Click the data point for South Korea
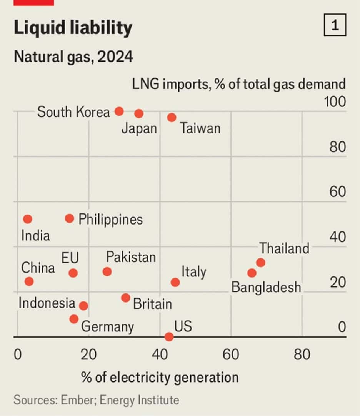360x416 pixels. (x=119, y=111)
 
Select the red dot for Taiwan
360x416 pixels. (x=172, y=117)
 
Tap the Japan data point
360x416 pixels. (x=139, y=113)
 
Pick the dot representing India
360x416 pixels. (x=27, y=219)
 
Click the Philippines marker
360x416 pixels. (x=69, y=218)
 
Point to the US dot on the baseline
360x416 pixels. (x=169, y=337)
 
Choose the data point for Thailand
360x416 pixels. (x=260, y=263)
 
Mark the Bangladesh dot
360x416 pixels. (x=252, y=273)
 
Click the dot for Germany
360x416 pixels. (x=74, y=319)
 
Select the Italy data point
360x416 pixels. (x=175, y=282)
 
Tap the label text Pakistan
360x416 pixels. (x=131, y=257)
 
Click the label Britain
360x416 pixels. (x=152, y=304)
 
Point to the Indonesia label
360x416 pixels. (x=47, y=303)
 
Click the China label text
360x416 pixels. (x=38, y=268)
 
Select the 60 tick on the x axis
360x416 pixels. (x=231, y=354)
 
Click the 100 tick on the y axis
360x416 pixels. (x=335, y=102)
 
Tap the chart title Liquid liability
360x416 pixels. (x=73, y=28)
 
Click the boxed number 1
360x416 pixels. (x=335, y=26)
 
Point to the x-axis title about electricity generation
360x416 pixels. (x=160, y=377)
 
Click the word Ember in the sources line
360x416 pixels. (x=77, y=400)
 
